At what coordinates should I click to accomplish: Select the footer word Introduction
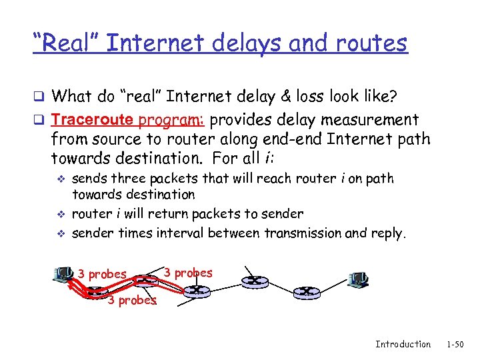(403, 344)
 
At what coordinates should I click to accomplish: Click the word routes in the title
(371, 43)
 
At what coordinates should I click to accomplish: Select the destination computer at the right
(358, 279)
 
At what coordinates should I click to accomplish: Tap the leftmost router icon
(96, 293)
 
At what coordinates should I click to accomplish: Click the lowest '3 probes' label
(132, 301)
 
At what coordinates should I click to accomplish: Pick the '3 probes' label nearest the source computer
(102, 275)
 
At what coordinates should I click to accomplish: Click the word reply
(387, 233)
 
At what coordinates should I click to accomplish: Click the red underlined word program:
(173, 120)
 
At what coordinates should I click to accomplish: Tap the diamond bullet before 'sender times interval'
(61, 233)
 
